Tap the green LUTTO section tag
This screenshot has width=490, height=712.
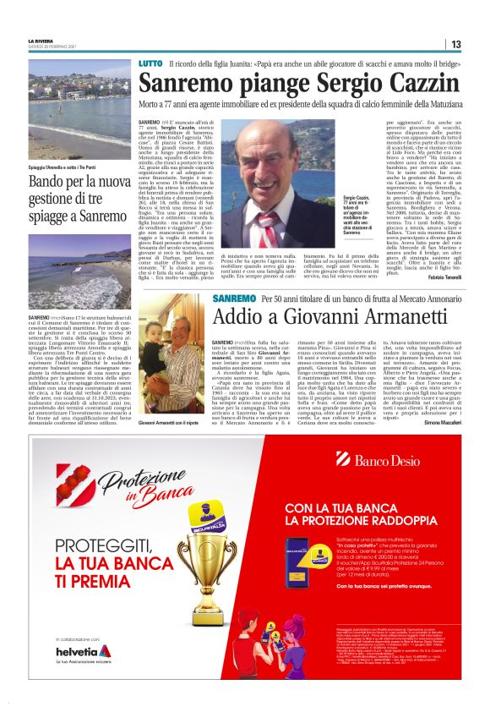[x=150, y=65]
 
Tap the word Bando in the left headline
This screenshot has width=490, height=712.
[x=47, y=182]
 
